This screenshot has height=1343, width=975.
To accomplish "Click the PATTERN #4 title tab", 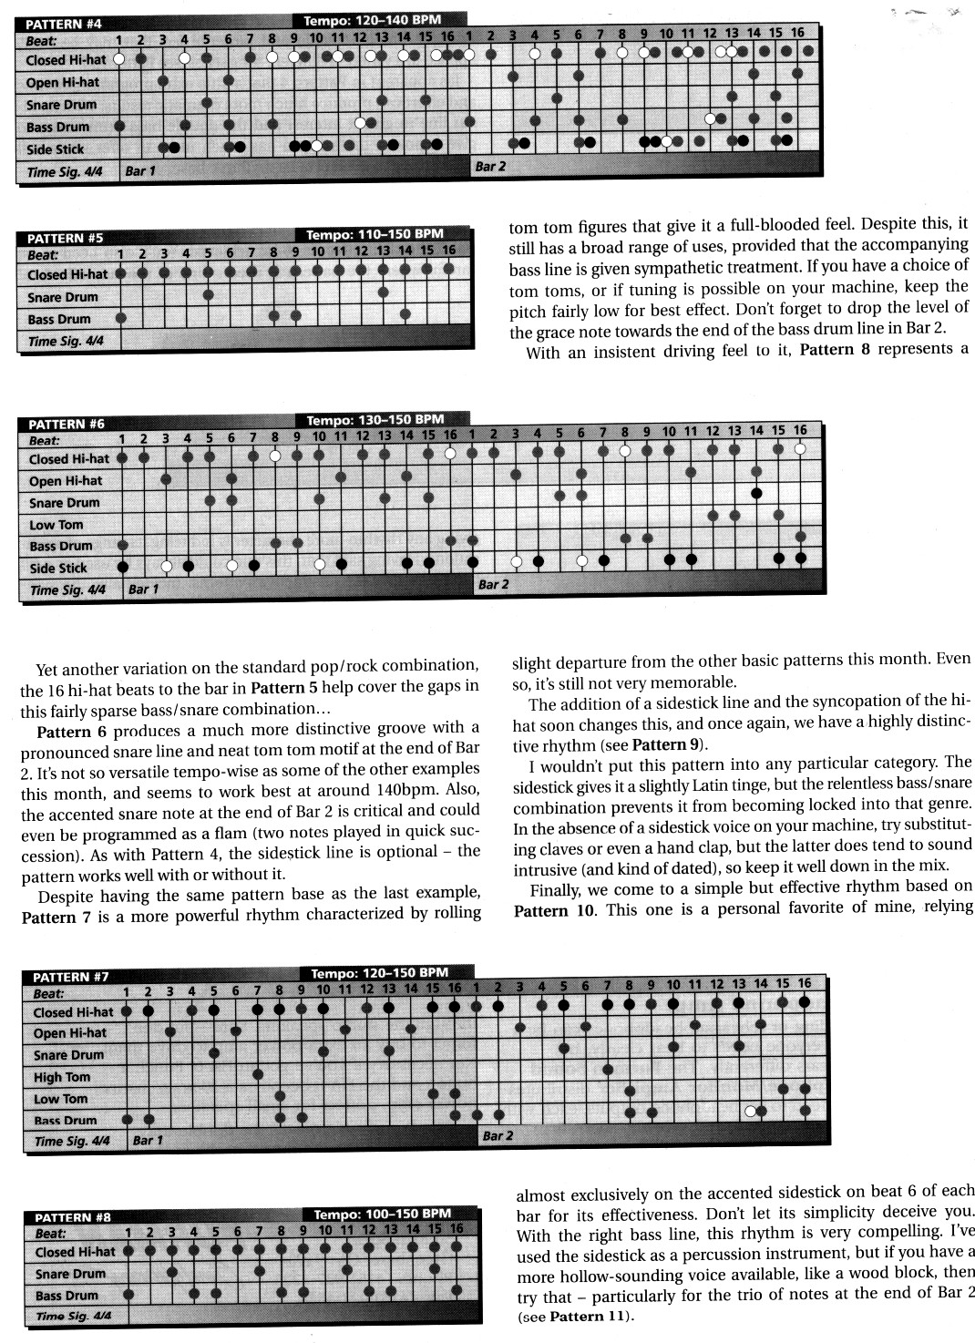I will click(x=64, y=24).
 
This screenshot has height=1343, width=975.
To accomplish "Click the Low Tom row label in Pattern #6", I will click(x=56, y=525).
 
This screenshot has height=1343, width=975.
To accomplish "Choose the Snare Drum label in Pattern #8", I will click(x=70, y=1274).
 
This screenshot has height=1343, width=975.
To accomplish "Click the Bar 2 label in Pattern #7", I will click(x=498, y=1136).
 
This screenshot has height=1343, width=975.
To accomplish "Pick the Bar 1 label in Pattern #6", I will click(x=143, y=589).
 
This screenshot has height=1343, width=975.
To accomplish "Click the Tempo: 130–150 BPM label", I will click(x=375, y=420).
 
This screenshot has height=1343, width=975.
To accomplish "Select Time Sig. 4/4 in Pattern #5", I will click(x=66, y=342).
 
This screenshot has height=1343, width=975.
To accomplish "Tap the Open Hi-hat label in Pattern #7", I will click(x=70, y=1033).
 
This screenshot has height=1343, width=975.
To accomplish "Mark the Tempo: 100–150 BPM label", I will click(x=382, y=1214).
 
